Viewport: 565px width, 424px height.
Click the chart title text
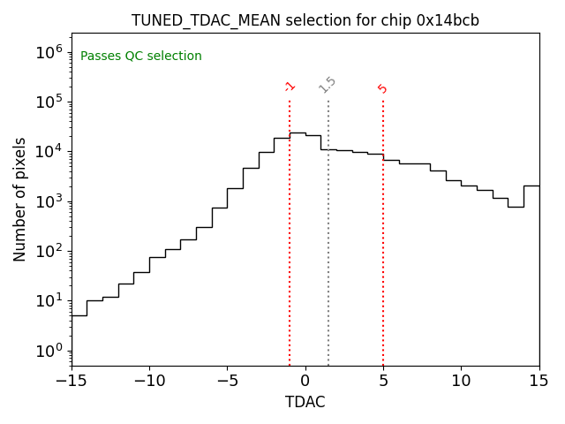click(x=305, y=20)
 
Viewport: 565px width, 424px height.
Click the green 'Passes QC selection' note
click(x=141, y=57)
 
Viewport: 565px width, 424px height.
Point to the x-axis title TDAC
click(x=305, y=402)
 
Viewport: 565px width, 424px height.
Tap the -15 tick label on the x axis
click(x=72, y=381)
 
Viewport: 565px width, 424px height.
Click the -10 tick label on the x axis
click(x=149, y=381)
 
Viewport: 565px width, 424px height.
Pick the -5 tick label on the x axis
click(x=227, y=381)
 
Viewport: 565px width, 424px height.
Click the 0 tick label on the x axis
click(x=305, y=381)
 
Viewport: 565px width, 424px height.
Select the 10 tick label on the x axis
click(x=461, y=381)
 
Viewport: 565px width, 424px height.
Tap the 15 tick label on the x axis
click(x=539, y=381)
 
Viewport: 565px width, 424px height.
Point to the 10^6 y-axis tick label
click(x=49, y=52)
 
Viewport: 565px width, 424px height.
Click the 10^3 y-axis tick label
click(x=49, y=201)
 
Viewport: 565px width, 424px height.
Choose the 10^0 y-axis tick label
click(x=49, y=351)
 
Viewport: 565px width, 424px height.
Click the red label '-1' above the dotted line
click(x=290, y=87)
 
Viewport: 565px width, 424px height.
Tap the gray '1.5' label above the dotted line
click(x=328, y=85)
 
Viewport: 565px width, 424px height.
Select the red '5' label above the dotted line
click(x=382, y=88)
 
